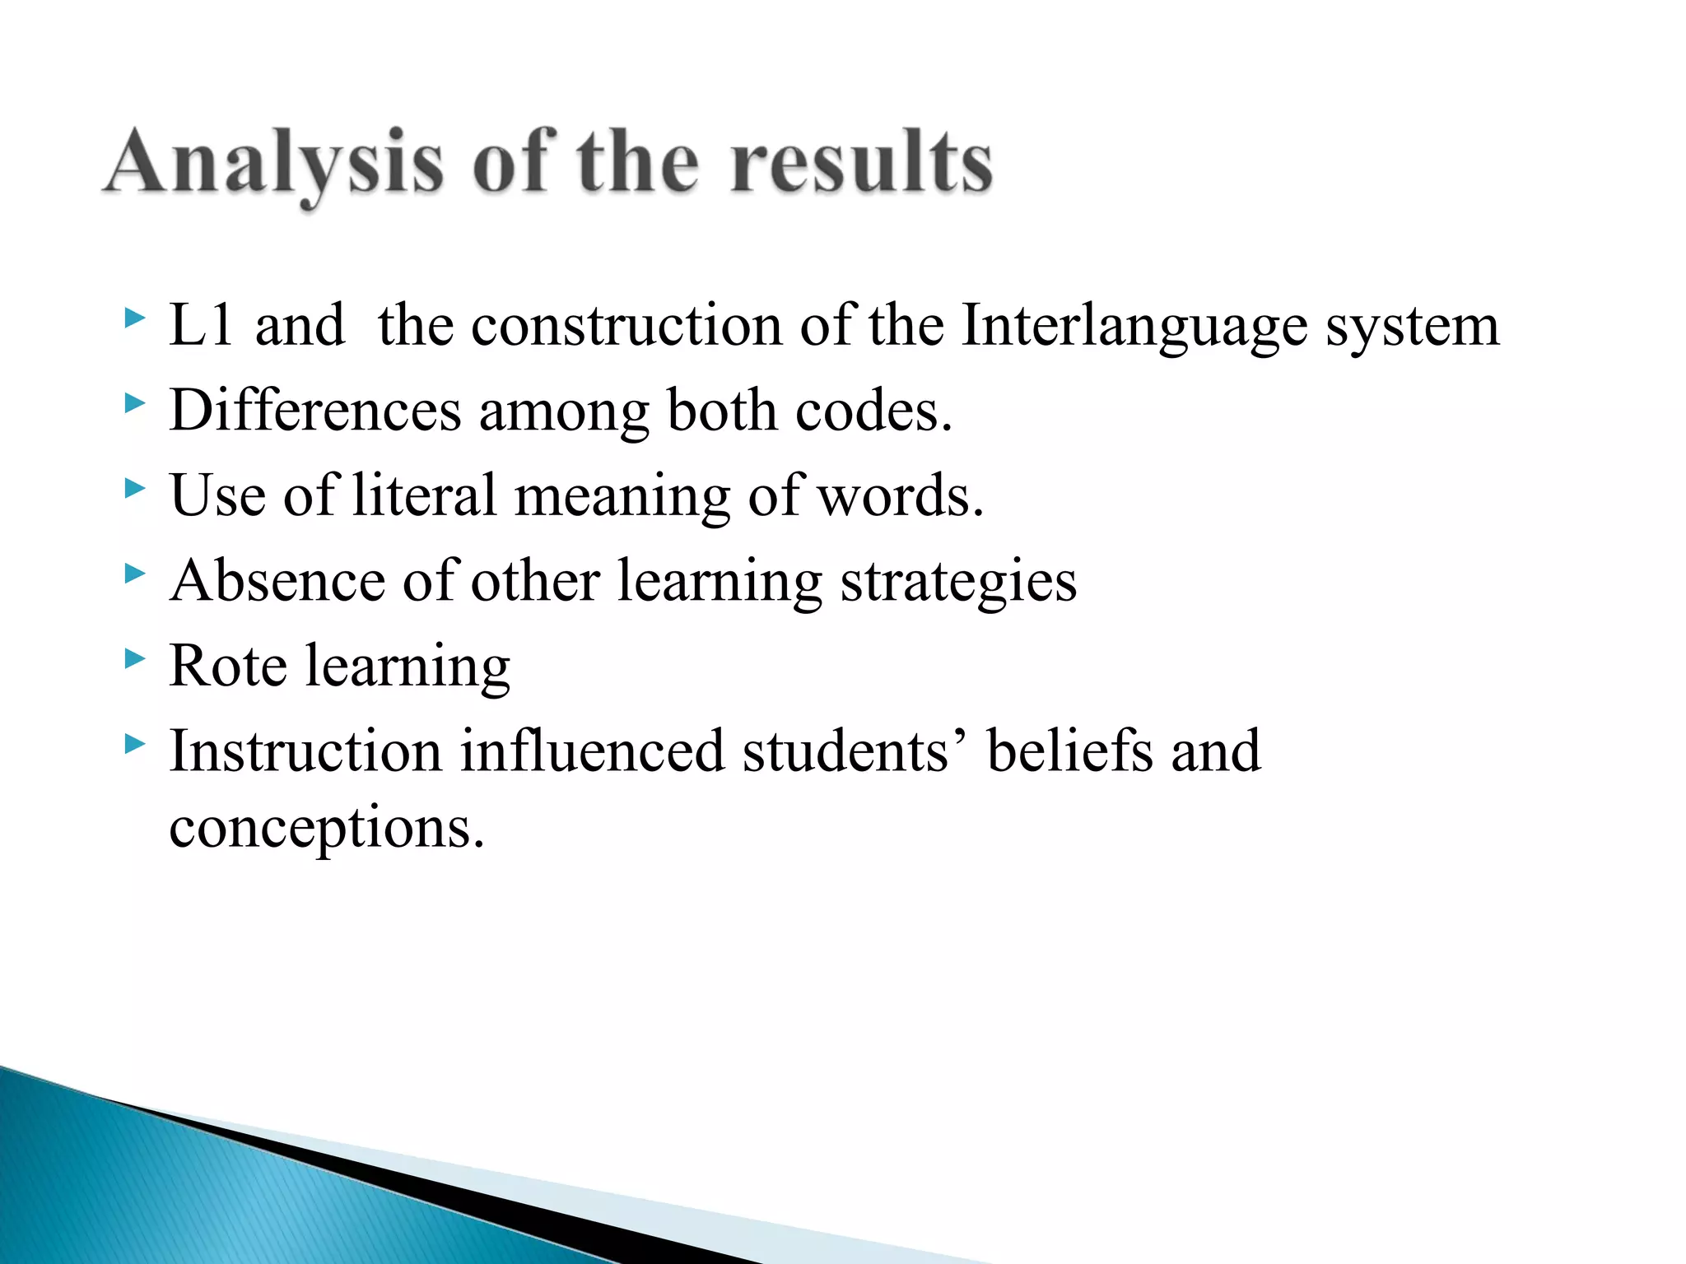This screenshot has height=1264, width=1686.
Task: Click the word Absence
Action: pyautogui.click(x=277, y=581)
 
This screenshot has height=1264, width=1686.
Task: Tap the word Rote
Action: pyautogui.click(x=228, y=666)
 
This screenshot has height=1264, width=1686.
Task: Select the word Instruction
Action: pyautogui.click(x=305, y=751)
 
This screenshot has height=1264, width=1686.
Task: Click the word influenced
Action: pyautogui.click(x=592, y=751)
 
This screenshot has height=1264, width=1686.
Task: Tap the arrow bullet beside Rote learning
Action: pyautogui.click(x=135, y=658)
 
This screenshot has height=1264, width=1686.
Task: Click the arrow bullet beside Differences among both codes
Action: pyautogui.click(x=135, y=403)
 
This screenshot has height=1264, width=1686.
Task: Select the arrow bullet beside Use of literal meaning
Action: pyautogui.click(x=135, y=489)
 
